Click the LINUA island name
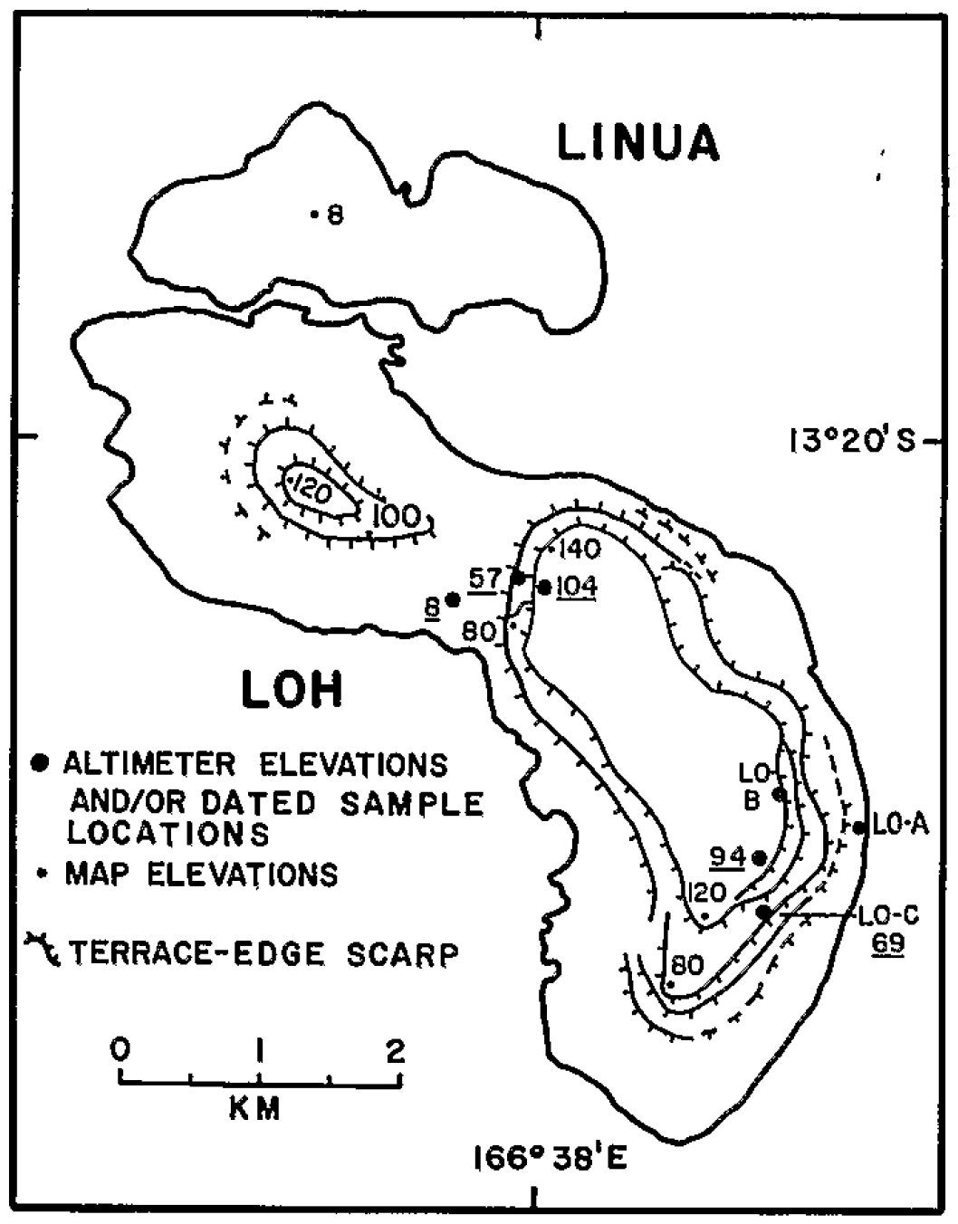coord(637,143)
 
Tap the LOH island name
coord(292,691)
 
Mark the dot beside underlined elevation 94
coord(760,857)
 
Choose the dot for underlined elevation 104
coord(544,587)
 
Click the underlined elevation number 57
coord(484,578)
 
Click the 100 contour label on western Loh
coord(397,517)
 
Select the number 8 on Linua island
coord(336,215)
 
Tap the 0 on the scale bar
coord(120,1049)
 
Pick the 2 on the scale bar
coord(396,1050)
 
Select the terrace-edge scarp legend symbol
coord(43,951)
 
